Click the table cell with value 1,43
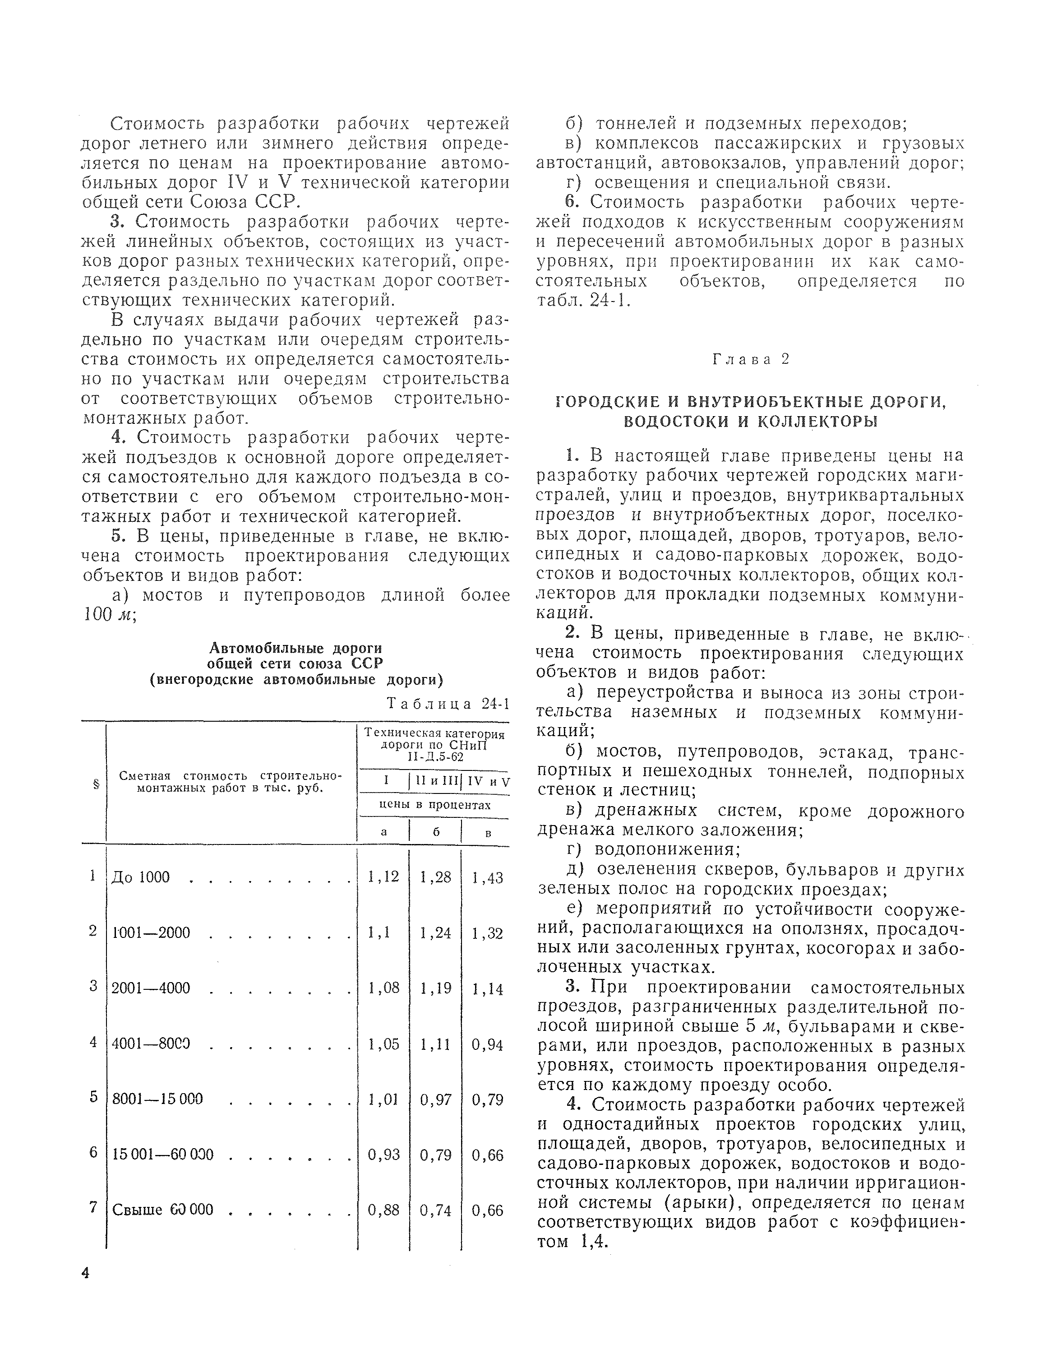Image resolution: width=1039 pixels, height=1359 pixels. (487, 878)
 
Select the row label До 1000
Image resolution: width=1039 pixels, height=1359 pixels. (140, 877)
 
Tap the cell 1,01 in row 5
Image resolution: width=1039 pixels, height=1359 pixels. (383, 1099)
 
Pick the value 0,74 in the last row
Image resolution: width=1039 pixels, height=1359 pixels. (435, 1210)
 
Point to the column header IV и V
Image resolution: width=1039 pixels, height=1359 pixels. (488, 781)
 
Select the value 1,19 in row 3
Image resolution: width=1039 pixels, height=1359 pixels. (435, 988)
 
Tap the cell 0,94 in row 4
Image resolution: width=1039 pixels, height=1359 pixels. (487, 1045)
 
